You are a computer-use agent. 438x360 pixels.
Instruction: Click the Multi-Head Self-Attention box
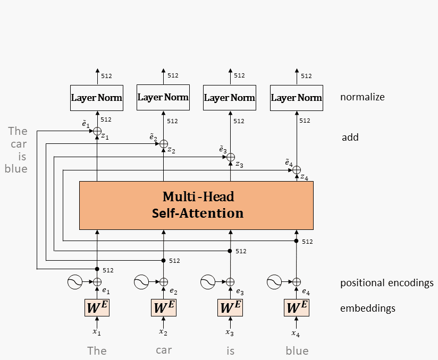click(196, 205)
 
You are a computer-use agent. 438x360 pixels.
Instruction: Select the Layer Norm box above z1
click(97, 98)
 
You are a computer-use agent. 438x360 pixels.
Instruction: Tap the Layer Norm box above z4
click(296, 98)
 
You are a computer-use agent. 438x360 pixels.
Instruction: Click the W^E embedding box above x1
click(97, 307)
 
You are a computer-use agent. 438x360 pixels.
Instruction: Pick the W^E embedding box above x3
click(230, 307)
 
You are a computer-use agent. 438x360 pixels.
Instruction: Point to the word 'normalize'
click(362, 97)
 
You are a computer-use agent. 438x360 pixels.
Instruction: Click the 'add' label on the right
click(350, 138)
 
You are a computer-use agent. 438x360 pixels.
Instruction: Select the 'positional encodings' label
click(386, 282)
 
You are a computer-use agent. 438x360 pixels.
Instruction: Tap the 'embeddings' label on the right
click(368, 308)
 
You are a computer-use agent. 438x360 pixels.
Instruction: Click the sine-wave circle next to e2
click(141, 282)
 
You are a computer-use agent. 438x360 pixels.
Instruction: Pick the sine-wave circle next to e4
click(274, 282)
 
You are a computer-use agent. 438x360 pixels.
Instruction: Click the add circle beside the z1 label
click(97, 131)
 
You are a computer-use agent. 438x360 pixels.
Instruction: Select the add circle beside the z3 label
click(230, 157)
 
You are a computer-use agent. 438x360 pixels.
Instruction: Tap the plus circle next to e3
click(230, 282)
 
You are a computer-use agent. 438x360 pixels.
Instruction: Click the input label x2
click(163, 332)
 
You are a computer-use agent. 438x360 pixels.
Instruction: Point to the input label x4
click(296, 333)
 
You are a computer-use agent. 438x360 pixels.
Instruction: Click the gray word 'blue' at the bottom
click(297, 350)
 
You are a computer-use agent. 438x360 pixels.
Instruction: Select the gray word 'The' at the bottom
click(97, 350)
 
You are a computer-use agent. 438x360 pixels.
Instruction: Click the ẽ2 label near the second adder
click(153, 138)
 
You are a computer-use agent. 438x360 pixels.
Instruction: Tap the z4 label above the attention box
click(304, 177)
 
